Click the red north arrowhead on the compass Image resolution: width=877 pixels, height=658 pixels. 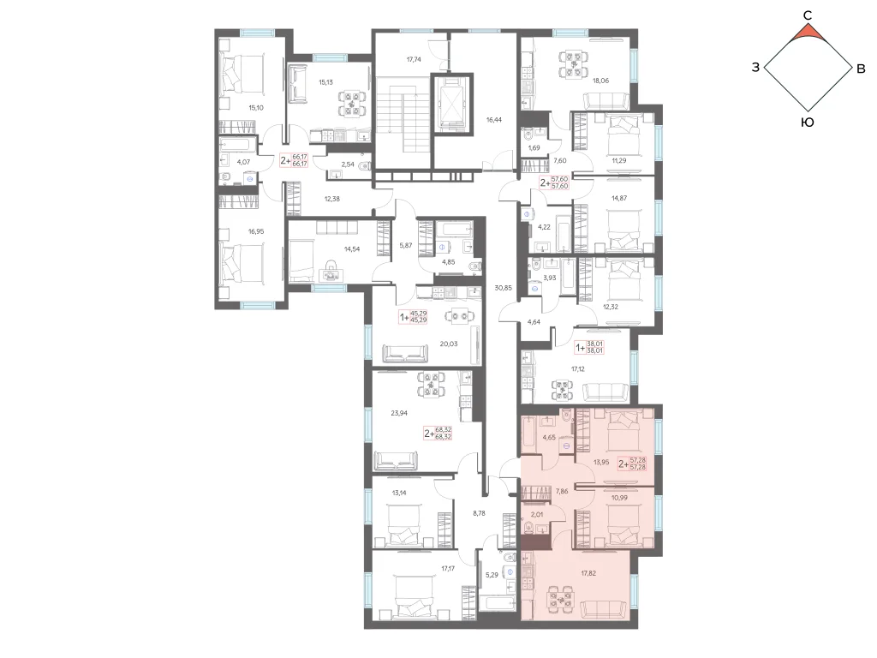click(x=808, y=33)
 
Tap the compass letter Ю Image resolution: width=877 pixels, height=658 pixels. click(x=807, y=123)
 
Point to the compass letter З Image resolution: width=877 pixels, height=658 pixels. click(x=755, y=68)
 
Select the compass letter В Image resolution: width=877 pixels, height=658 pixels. click(x=861, y=69)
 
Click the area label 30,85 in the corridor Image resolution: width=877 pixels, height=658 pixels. click(x=503, y=288)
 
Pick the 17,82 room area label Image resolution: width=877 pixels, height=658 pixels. click(x=589, y=573)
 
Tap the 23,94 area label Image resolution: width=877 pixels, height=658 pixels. click(x=399, y=414)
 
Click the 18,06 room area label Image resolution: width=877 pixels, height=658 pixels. click(x=600, y=81)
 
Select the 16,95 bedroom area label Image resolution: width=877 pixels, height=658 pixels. click(x=255, y=231)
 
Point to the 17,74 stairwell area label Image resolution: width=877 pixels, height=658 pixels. click(x=414, y=59)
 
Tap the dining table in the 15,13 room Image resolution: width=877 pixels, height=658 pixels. click(x=351, y=104)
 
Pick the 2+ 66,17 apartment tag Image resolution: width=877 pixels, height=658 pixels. click(x=295, y=160)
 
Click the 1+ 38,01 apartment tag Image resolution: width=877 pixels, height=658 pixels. click(x=590, y=348)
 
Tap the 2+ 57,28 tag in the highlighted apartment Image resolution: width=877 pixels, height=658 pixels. click(x=633, y=464)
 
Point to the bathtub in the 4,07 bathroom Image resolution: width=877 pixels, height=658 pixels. click(x=237, y=144)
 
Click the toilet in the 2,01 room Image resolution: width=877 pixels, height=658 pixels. click(x=528, y=527)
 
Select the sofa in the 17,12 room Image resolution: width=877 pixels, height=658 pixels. click(x=606, y=392)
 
